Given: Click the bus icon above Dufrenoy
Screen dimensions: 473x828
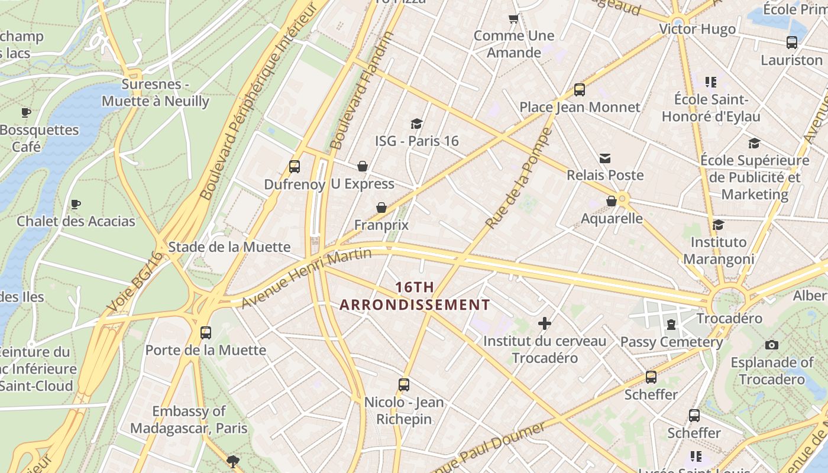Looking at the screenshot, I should pos(295,167).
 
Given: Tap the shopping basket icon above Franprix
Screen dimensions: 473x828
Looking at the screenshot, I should pos(381,208).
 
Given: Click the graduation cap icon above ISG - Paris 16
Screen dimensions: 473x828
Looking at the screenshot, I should pos(416,124).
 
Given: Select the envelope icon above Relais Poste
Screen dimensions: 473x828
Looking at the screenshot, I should pos(605,158).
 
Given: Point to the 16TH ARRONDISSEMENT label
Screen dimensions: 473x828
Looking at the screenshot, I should pos(415,296).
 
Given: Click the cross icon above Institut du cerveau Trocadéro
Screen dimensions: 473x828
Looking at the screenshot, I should pos(545,323).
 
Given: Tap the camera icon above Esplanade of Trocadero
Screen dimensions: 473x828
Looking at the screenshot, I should pos(772,345).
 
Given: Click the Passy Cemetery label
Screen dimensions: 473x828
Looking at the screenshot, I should pos(671,342).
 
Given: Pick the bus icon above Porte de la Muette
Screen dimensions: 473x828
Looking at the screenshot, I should pos(206,332).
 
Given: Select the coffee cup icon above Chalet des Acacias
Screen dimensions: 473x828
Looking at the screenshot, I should pos(76,205).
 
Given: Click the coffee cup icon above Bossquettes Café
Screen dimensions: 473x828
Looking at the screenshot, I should pos(26,112).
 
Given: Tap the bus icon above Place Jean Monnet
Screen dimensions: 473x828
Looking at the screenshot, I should pos(580,90).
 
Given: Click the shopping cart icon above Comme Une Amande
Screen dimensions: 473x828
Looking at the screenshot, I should pos(514,19).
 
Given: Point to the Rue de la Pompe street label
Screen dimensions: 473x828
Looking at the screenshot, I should pos(518,179).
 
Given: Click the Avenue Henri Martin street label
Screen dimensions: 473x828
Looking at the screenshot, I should pos(306,278).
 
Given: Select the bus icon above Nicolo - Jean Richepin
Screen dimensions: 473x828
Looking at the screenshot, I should pos(404,385).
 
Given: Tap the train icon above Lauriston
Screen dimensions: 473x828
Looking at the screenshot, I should pos(792,43).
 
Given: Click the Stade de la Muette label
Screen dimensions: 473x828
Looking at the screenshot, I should pos(229,247).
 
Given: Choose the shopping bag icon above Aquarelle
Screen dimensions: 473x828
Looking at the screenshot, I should pos(612,201).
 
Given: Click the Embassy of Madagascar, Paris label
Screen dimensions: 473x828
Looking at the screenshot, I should pos(189,419).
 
